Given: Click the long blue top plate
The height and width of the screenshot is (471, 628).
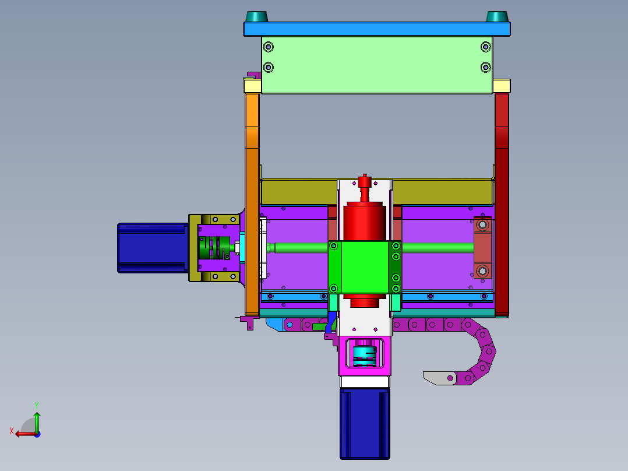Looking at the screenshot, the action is (x=376, y=29).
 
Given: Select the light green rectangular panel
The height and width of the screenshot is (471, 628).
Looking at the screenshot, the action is (x=377, y=65).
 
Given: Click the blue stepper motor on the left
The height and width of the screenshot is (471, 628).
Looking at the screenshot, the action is (x=153, y=248).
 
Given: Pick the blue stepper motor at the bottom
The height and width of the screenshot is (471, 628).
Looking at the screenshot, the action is (x=365, y=424).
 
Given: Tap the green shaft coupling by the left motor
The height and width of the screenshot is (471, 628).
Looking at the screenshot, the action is (x=214, y=248).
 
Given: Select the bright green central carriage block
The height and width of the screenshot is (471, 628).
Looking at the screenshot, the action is (x=365, y=267).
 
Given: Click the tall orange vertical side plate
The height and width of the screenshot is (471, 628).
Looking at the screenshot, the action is (x=252, y=204).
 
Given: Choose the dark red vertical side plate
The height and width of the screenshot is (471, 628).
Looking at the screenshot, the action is (x=502, y=205).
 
